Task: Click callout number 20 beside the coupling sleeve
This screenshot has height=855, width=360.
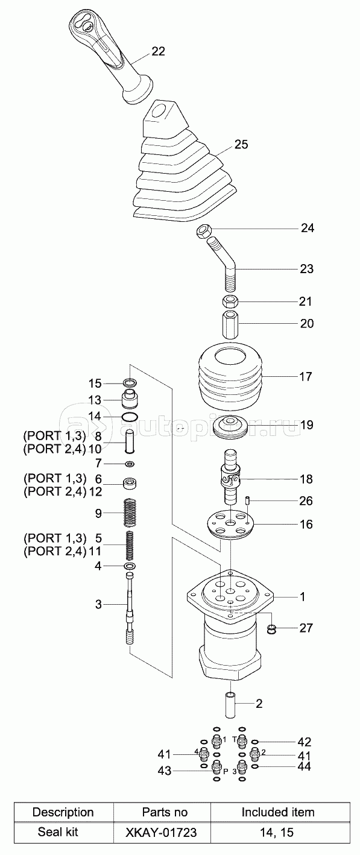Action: pyautogui.click(x=306, y=324)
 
